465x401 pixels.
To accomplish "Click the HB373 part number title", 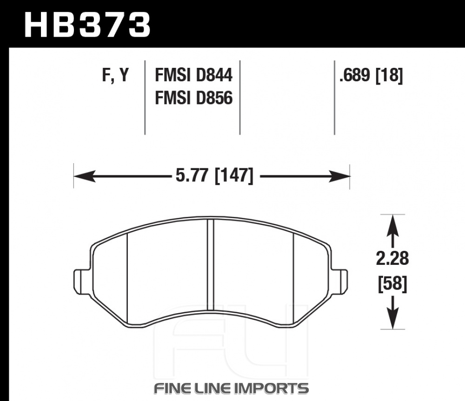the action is [87, 25].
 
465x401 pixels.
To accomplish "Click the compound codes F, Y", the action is [116, 75].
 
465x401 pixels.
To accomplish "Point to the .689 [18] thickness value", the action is [371, 75].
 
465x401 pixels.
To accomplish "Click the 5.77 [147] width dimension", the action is [215, 176].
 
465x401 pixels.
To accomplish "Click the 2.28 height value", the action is [392, 258].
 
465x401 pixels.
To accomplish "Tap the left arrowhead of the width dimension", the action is [85, 177].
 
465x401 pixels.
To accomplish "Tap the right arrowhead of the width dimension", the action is [339, 177].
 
